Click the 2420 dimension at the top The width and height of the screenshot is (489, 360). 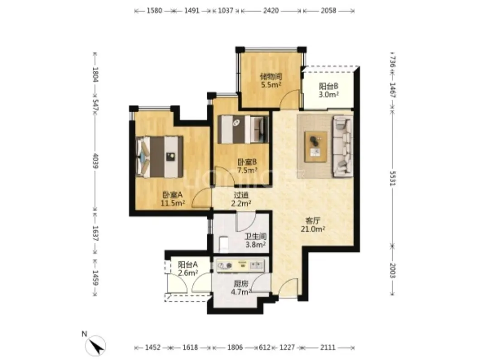click(271, 10)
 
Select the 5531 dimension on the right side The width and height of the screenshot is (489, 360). click(393, 178)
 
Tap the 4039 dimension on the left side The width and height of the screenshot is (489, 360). click(96, 161)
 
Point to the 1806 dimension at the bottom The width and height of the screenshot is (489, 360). click(235, 347)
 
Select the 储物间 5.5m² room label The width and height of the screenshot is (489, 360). click(271, 80)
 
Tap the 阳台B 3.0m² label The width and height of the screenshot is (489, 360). click(329, 90)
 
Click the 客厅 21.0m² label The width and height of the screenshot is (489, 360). click(313, 225)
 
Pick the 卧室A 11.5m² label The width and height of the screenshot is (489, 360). click(173, 199)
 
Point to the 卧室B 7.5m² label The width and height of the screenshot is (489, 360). click(247, 166)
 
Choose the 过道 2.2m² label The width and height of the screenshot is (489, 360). click(241, 199)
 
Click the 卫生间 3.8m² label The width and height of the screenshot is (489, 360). click(255, 240)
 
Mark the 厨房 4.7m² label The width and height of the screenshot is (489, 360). click(241, 288)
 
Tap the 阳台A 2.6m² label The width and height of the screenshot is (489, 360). click(188, 269)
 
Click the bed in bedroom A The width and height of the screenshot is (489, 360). click(159, 157)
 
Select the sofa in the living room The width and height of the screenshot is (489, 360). click(343, 146)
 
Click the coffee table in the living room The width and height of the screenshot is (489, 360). click(316, 147)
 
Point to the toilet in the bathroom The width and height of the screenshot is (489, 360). click(223, 244)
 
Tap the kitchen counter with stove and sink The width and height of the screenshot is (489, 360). click(240, 265)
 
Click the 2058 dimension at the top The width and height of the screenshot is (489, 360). click(328, 10)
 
